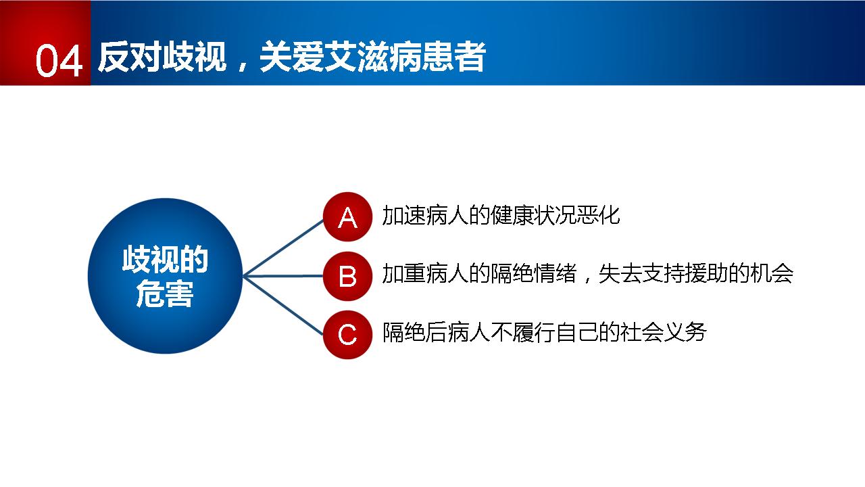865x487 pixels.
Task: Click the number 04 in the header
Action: [x=59, y=61]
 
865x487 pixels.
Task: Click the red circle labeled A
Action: [x=347, y=217]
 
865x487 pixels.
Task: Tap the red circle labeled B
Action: [x=347, y=276]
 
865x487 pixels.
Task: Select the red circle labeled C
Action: [x=347, y=335]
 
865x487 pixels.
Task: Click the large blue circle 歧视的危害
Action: [x=166, y=276]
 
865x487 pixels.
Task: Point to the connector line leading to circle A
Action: [x=283, y=248]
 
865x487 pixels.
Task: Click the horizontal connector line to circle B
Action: [x=283, y=276]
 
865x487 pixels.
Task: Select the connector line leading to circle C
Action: [x=283, y=305]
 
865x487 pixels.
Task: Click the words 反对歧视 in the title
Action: [x=162, y=57]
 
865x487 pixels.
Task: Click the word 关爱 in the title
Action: [x=291, y=57]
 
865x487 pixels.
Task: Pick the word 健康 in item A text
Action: [x=512, y=215]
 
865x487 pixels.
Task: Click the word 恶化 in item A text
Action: [x=599, y=215]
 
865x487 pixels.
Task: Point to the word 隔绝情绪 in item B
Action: [x=533, y=274]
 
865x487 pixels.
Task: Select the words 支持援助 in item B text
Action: [x=685, y=274]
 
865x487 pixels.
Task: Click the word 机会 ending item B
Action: [x=772, y=274]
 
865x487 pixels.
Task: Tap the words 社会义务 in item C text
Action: [x=664, y=332]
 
